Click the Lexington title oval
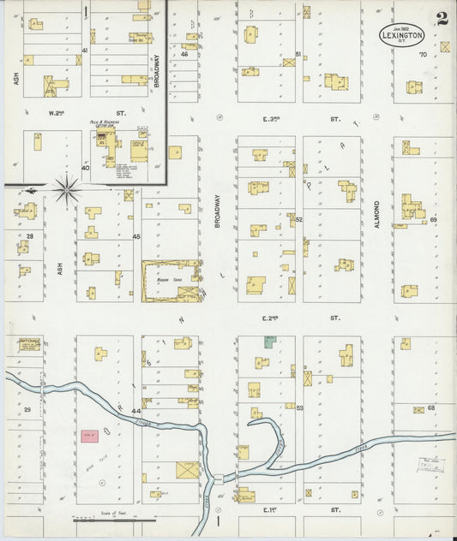click(402, 35)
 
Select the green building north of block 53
click(269, 342)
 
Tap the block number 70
click(422, 55)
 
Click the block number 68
click(431, 407)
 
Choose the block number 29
click(27, 411)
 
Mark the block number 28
click(29, 235)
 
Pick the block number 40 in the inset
click(85, 168)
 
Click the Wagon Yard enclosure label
click(168, 280)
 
